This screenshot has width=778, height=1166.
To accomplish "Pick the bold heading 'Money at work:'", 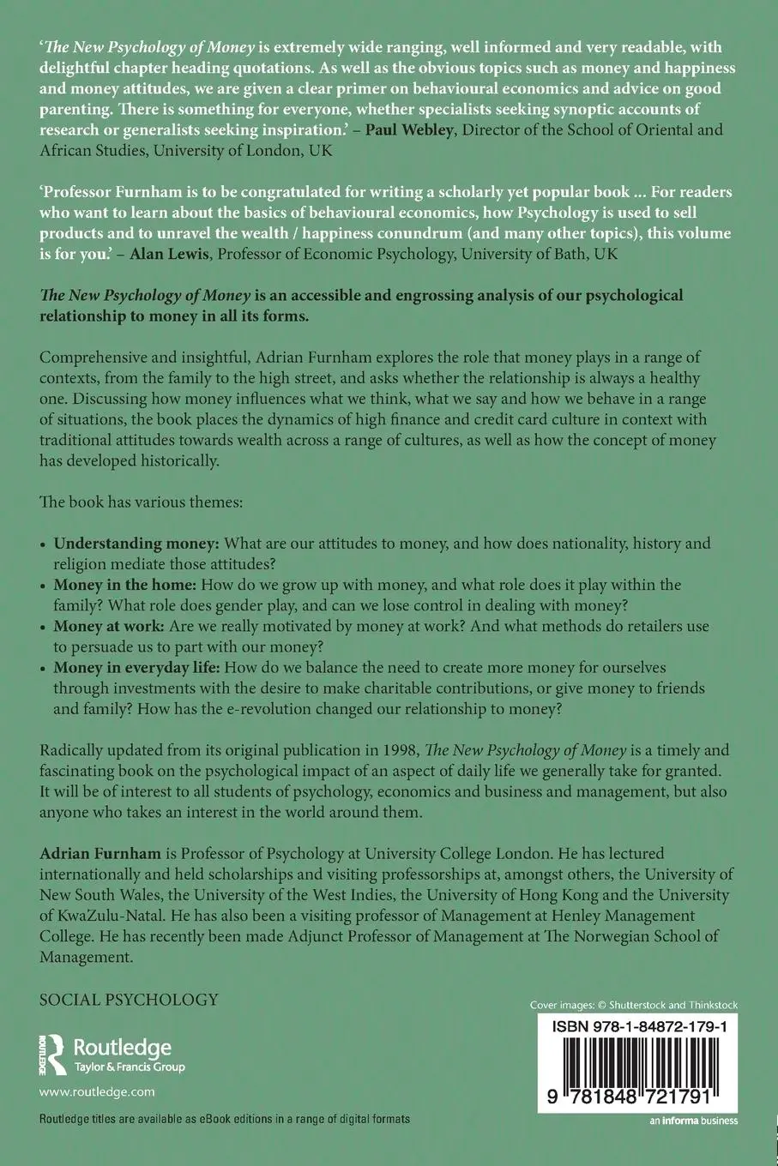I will (109, 626).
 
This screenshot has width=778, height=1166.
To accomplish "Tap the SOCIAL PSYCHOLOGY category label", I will (130, 999).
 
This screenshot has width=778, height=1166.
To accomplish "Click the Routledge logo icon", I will (54, 1055).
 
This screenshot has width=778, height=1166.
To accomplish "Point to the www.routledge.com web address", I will (97, 1091).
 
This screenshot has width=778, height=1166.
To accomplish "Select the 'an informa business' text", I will (693, 1120).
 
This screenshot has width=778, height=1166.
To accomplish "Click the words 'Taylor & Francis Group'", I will (130, 1067).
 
